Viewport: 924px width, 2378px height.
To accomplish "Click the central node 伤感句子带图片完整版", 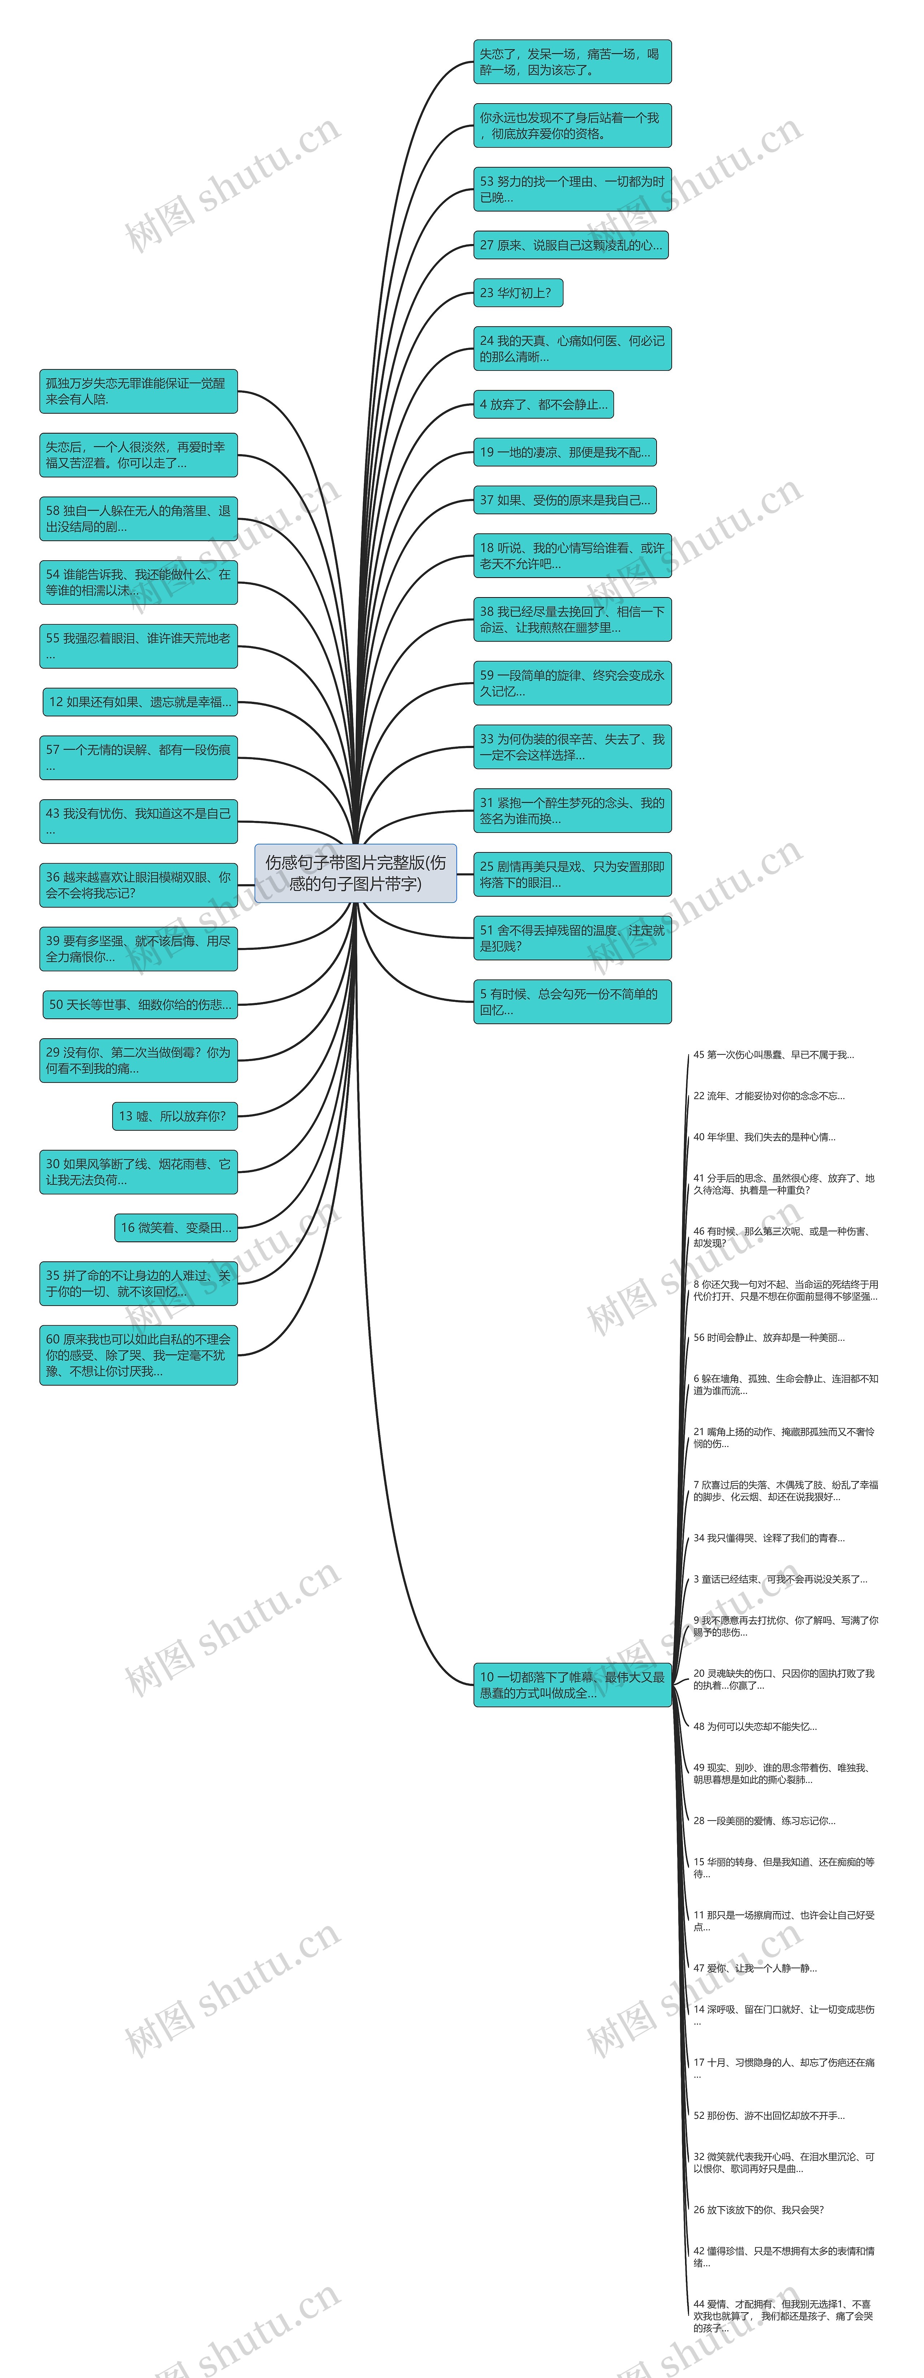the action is tap(356, 872).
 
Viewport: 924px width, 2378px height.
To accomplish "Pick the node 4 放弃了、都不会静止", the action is tap(544, 404).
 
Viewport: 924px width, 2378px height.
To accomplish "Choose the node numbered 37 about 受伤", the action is tap(565, 500).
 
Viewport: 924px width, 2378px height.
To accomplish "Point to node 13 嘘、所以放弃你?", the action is tap(174, 1116).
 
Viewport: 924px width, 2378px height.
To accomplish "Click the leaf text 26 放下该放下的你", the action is tap(759, 2210).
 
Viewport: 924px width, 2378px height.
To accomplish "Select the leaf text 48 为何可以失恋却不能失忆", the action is tap(755, 1726).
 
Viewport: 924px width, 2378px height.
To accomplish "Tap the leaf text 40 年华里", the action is tap(764, 1137).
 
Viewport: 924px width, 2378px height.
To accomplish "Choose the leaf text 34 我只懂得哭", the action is tap(769, 1538).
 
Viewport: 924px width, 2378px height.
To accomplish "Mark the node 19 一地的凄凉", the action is tap(565, 452).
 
